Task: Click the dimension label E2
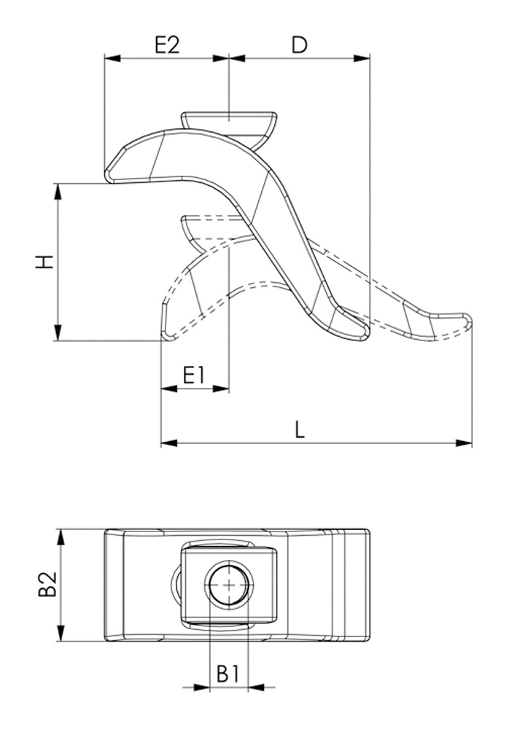coord(167,45)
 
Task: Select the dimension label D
coord(300,45)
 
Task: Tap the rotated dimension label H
coord(45,262)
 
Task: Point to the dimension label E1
coord(194,375)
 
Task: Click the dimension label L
coord(300,429)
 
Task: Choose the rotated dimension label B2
coord(48,584)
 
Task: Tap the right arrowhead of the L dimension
coord(464,443)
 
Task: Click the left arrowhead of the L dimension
coord(169,443)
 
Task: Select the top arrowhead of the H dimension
coord(58,192)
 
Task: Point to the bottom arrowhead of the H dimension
coord(58,332)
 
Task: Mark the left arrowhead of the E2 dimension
coord(112,58)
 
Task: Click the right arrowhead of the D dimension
coord(362,58)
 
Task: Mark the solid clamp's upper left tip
coord(106,174)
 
